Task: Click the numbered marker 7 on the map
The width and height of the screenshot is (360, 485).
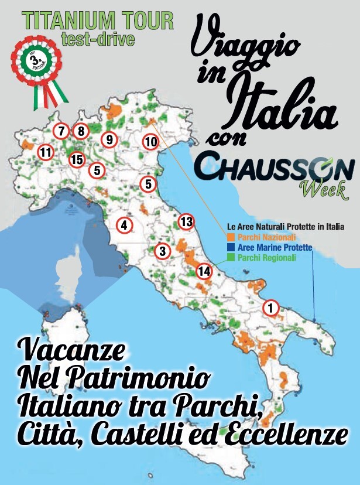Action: [61, 132]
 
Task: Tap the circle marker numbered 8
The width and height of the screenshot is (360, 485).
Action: [80, 132]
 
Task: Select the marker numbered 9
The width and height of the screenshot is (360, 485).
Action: [109, 140]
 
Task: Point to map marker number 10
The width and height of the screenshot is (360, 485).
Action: [150, 141]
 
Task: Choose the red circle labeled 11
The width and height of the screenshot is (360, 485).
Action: [44, 153]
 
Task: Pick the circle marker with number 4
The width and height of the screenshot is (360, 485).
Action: [124, 224]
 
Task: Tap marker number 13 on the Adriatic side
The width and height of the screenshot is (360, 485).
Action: [186, 221]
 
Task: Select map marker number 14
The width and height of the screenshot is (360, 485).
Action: [204, 271]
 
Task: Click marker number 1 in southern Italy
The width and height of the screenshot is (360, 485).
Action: [270, 306]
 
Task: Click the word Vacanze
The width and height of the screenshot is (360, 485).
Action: [72, 351]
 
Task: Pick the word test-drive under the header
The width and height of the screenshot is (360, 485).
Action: [98, 39]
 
